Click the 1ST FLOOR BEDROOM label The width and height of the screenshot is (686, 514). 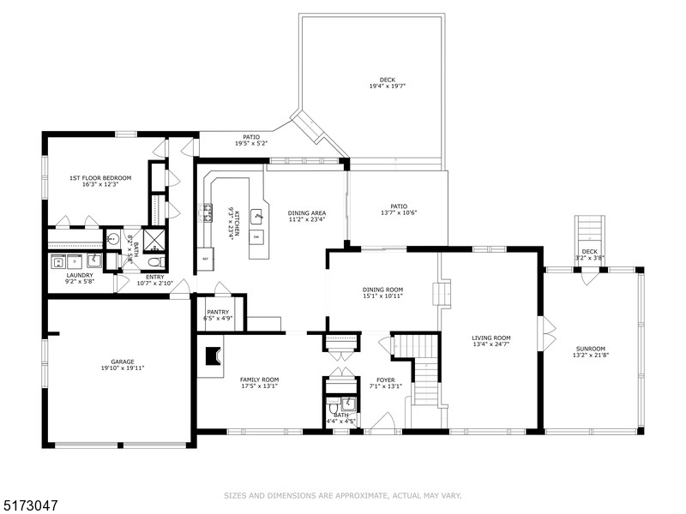coord(100,177)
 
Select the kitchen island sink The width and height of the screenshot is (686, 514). coord(256,216)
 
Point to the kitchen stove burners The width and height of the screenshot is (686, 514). coord(206,212)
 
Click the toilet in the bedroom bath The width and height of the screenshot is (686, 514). coord(155,262)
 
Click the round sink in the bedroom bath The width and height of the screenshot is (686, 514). coord(112,240)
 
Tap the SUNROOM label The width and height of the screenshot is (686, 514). coord(590,349)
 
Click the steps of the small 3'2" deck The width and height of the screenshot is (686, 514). coord(588,230)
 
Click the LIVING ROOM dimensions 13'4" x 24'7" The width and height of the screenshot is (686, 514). coord(490,344)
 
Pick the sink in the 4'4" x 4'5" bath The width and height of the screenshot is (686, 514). coord(347,404)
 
